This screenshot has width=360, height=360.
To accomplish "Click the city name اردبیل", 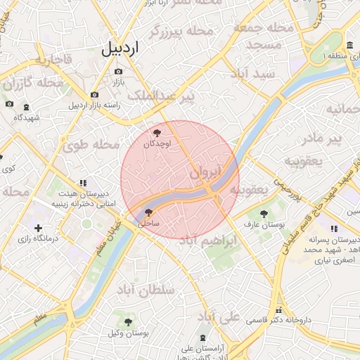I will [121, 49].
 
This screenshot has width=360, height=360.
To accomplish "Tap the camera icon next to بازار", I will [117, 72].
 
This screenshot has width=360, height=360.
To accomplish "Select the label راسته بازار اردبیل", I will [94, 105].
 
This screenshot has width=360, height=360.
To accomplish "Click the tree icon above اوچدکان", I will [157, 133].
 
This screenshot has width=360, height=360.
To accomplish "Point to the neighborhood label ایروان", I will [205, 172].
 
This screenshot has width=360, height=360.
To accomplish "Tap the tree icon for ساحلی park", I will [148, 212].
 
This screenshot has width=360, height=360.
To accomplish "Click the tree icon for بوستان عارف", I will [264, 214].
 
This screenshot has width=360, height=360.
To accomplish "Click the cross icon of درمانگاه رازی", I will [38, 228].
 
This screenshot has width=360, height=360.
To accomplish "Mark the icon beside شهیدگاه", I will [27, 107].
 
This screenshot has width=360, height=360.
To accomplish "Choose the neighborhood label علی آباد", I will [220, 315].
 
